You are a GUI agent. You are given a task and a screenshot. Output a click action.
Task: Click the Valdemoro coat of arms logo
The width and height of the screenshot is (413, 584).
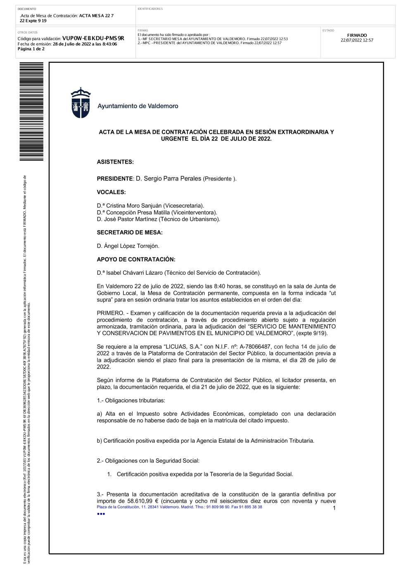point(81,103)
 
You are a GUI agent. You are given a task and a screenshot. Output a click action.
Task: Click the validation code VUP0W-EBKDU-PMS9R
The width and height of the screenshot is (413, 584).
point(93,38)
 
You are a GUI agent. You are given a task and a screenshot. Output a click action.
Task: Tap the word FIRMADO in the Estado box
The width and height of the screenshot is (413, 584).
point(357,36)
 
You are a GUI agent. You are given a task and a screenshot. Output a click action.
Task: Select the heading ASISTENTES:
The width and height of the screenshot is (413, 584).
point(115,162)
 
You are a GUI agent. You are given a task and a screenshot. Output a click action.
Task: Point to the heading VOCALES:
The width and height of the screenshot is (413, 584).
point(111,192)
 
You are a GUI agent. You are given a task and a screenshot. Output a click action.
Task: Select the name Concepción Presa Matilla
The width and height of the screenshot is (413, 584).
point(138,212)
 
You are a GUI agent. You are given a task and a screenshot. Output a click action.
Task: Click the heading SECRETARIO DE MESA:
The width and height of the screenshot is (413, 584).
point(130,233)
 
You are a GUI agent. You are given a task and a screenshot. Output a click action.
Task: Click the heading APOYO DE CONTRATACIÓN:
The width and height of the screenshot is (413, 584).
point(136,259)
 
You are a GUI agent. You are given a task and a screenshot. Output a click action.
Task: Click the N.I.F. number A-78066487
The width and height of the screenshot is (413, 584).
point(255,347)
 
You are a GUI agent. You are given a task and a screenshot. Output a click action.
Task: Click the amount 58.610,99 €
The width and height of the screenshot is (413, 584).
point(143,501)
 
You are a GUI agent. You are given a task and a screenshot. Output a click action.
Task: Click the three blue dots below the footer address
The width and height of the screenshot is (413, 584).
point(101,514)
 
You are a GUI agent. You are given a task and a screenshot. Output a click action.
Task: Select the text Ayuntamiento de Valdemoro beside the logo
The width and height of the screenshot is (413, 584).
point(138,106)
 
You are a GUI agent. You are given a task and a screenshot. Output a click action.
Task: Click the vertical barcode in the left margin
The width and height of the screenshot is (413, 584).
point(31,112)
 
